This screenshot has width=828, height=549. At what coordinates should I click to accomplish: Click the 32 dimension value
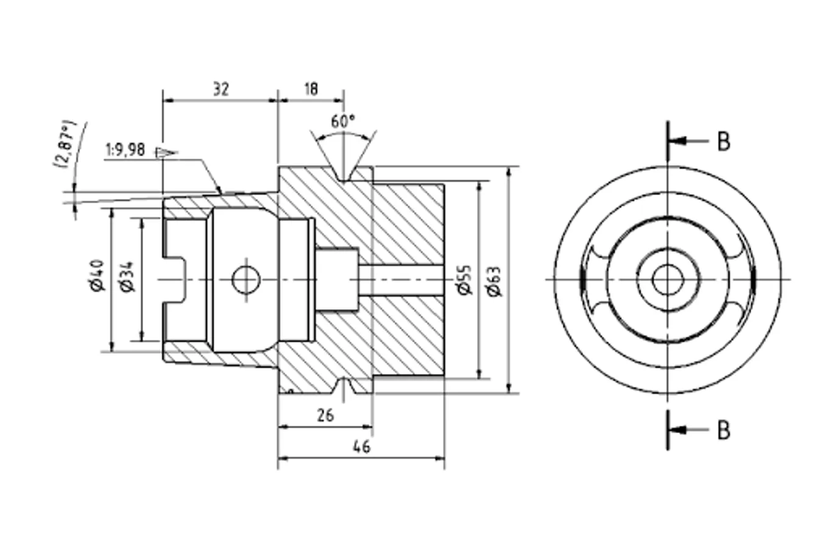221,89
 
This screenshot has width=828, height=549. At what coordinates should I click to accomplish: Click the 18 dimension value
311,89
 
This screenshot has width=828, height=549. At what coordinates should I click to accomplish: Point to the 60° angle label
342,121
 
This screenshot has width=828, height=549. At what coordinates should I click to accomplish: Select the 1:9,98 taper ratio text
126,150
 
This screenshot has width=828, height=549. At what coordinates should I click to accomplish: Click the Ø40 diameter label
98,276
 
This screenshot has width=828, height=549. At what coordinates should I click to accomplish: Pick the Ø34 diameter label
128,277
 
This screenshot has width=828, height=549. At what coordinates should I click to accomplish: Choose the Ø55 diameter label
465,280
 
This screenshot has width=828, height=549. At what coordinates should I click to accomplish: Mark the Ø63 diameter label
494,281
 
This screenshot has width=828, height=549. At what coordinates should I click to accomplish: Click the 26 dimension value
325,415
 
